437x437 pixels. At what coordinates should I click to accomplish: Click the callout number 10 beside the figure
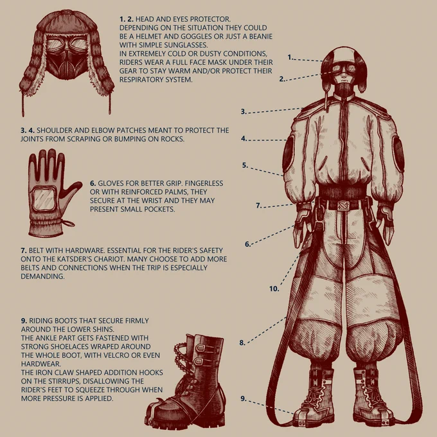click(x=274, y=289)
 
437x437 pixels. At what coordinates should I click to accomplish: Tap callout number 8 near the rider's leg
click(x=242, y=343)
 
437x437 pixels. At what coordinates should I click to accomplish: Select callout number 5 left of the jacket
click(x=245, y=165)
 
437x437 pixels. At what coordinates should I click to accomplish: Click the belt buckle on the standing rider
click(x=343, y=206)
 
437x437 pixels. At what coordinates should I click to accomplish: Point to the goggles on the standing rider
click(x=343, y=68)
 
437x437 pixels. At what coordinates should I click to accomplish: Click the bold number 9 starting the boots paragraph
click(x=24, y=321)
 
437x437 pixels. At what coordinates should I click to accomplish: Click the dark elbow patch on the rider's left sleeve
click(x=398, y=154)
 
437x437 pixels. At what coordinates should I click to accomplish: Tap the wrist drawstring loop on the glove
click(x=67, y=223)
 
